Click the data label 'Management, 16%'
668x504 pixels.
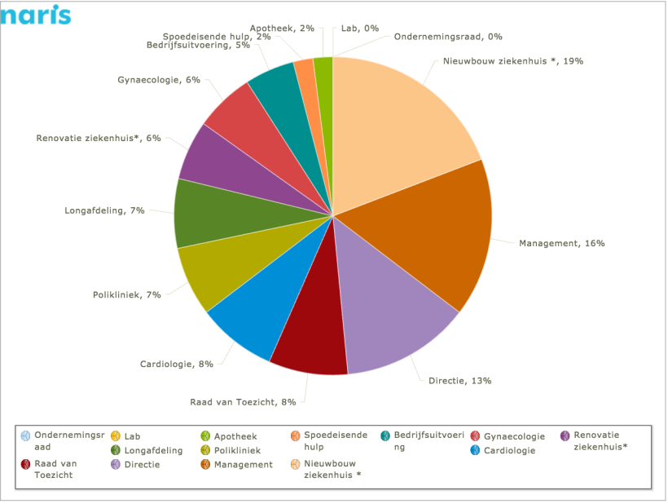[x=562, y=243]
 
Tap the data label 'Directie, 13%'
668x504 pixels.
[x=459, y=380]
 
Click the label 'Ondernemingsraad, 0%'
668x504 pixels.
[x=448, y=37]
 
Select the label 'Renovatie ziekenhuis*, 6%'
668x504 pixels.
[x=98, y=139]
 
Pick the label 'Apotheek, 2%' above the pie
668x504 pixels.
[x=282, y=28]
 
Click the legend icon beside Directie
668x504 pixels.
[x=117, y=465]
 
